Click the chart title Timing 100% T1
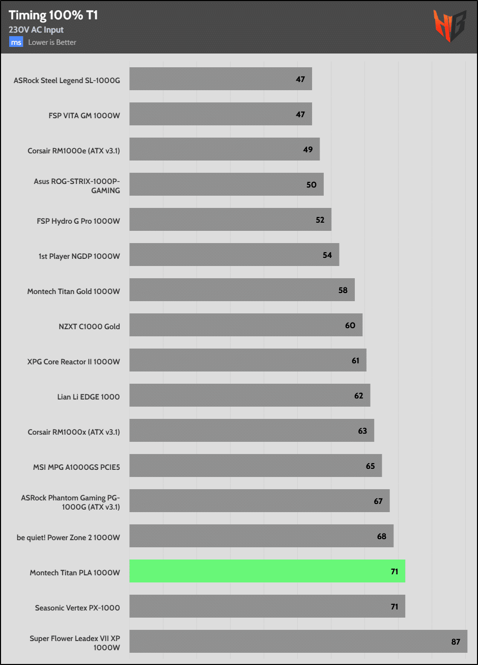pos(53,15)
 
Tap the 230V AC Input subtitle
pos(36,30)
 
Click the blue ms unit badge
pos(16,42)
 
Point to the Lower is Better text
pos(52,42)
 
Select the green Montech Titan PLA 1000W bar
pos(267,571)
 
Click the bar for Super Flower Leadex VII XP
pos(298,641)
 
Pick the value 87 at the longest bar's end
pos(456,642)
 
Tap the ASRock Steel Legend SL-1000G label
pos(67,79)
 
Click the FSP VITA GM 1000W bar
pos(220,114)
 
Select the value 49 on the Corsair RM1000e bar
pos(308,149)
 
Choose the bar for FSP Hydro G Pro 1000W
pos(230,220)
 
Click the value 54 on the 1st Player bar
pos(327,255)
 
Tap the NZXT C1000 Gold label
pos(89,326)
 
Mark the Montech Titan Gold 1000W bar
pos(242,290)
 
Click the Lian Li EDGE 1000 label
pos(89,396)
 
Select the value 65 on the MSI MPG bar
pos(370,466)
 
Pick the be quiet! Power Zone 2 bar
pos(261,536)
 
